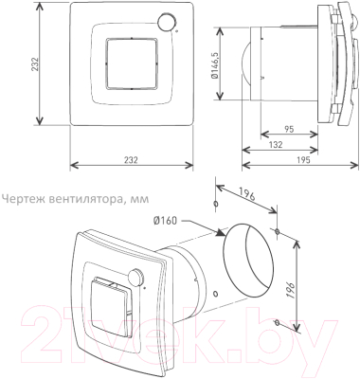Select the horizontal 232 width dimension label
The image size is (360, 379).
point(131,160)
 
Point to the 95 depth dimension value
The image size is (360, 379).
point(289,129)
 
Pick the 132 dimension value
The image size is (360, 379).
point(277,145)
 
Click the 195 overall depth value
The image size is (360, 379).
point(304,160)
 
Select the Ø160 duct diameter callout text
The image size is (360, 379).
point(166,221)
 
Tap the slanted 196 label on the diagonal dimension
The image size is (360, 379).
point(246,194)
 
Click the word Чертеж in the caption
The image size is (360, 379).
point(21,199)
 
